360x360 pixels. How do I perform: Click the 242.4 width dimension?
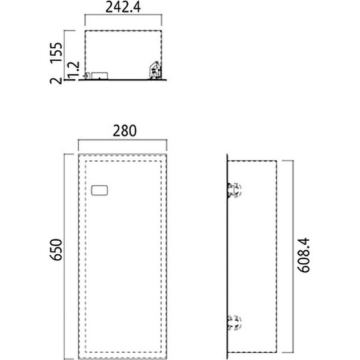tap(123, 8)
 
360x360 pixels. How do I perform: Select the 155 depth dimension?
tap(57, 52)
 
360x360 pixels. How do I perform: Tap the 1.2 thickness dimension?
tap(74, 71)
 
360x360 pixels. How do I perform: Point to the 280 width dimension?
tap(125, 130)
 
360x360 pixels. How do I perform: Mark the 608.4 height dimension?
tap(304, 255)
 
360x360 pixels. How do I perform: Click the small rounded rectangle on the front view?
tap(99, 190)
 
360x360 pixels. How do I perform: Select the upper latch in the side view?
tap(234, 190)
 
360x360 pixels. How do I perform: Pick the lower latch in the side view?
tap(234, 323)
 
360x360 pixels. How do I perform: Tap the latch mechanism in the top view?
tap(155, 70)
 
